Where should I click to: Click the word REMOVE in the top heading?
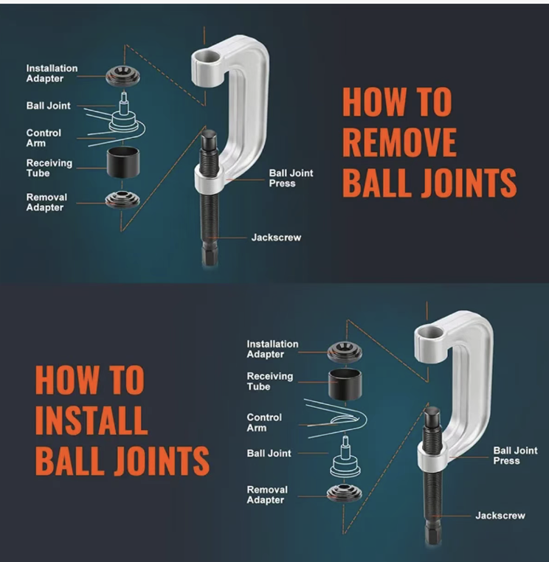click(399, 142)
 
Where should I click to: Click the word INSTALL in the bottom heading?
click(91, 420)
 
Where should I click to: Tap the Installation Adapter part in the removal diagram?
click(122, 77)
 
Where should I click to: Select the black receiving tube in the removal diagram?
click(123, 162)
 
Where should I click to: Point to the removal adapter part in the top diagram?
click(122, 200)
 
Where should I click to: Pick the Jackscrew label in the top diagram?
click(276, 237)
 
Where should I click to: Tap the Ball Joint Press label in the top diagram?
click(291, 178)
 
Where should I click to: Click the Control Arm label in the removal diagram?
click(44, 138)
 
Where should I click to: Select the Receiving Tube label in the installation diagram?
click(269, 381)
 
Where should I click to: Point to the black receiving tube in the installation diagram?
click(345, 384)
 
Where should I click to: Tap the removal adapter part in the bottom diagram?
click(345, 493)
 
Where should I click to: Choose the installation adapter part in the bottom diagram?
click(345, 352)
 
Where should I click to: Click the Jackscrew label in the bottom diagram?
click(500, 516)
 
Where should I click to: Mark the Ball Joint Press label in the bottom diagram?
click(515, 456)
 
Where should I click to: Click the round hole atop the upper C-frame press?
click(206, 58)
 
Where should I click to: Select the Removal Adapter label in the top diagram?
click(46, 202)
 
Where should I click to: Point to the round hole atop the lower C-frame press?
click(430, 333)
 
